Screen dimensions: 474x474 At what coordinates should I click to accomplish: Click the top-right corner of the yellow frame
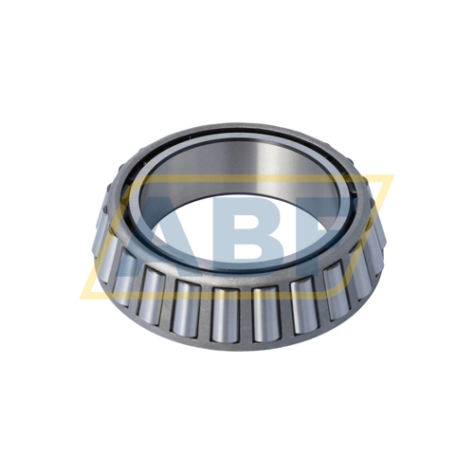391,176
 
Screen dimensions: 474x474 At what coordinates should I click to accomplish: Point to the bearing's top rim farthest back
237,127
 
